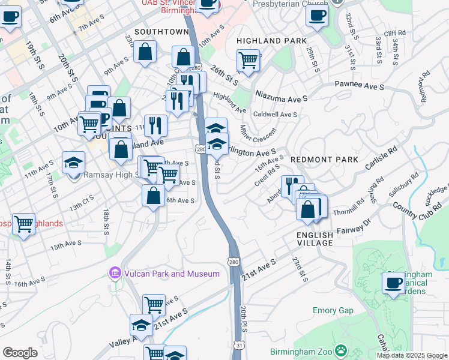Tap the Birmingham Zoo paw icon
pos(340,349)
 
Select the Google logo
pos(20,353)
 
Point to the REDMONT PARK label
pos(324,160)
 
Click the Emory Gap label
pos(333,310)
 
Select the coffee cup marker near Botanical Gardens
pos(394,283)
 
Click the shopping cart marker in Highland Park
pos(248,60)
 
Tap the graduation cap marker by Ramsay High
pos(74,163)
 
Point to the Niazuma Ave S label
pos(281,97)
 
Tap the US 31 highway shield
pos(238,344)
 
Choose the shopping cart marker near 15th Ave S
pos(23,224)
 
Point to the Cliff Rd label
pos(395,34)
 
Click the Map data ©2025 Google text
pos(412,355)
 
